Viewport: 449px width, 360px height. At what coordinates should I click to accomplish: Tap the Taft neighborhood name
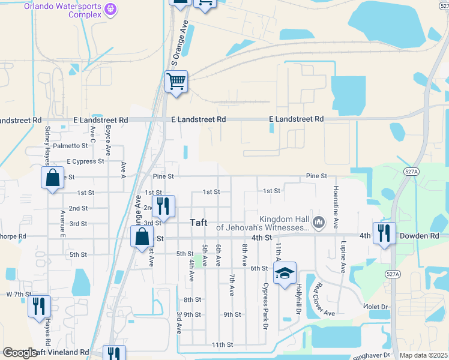click(x=199, y=223)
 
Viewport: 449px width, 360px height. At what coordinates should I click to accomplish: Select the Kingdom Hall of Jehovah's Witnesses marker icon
click(x=319, y=223)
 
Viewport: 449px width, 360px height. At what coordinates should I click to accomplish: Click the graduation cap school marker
click(x=285, y=274)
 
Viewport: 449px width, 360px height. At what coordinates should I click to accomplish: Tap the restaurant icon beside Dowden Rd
click(x=384, y=232)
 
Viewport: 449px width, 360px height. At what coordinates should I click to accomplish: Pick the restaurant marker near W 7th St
click(x=39, y=305)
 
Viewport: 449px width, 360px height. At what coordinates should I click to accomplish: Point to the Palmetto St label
click(x=70, y=146)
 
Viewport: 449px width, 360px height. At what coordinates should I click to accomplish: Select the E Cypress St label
click(x=85, y=161)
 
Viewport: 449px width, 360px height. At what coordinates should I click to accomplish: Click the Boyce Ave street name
click(x=108, y=140)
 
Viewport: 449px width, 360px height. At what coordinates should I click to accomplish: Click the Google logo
click(x=20, y=353)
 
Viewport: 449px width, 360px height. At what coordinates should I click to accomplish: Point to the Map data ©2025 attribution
click(x=423, y=355)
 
